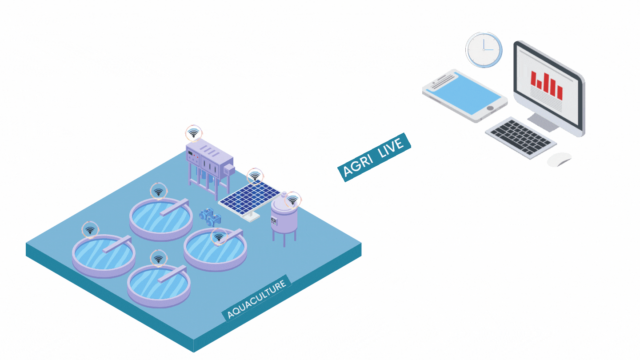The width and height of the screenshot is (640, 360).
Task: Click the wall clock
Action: pos(484,50)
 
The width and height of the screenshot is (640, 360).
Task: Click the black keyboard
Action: pos(520,137)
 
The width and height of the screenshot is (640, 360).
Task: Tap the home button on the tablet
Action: pos(490,108)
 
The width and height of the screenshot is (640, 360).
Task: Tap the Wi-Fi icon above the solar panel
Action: pos(255,176)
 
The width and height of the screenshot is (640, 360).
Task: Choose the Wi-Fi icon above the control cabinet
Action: pos(193,133)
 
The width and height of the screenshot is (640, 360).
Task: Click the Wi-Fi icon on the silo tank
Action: pos(292,200)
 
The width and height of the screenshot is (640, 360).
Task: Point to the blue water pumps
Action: pos(210,217)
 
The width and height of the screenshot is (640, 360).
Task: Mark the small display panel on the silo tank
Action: pos(274,220)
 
